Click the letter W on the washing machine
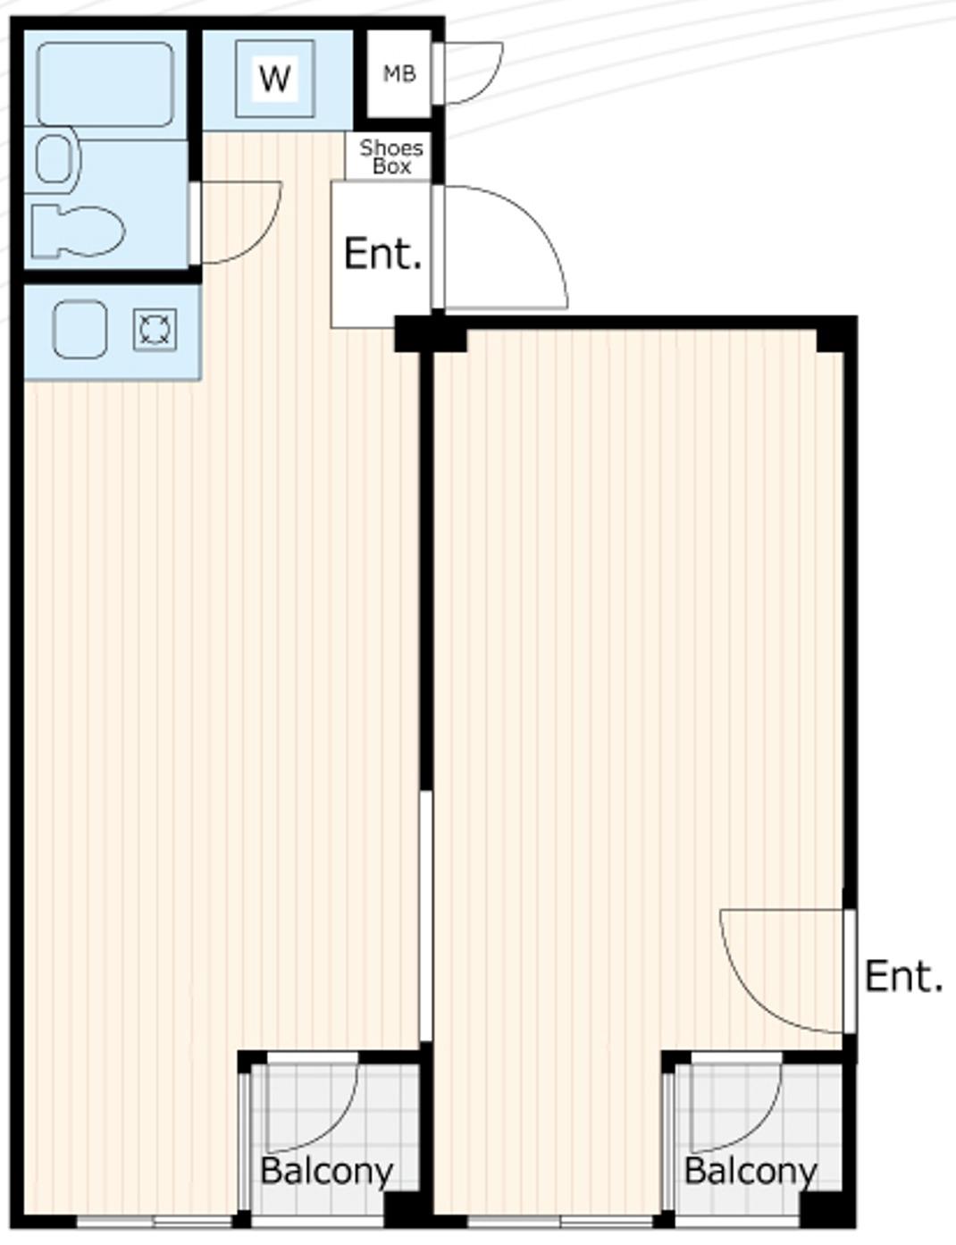[x=275, y=79]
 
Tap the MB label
[x=399, y=74]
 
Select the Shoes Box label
[x=391, y=157]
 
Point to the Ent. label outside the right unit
[x=903, y=976]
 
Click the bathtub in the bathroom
[x=105, y=84]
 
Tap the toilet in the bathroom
[x=78, y=231]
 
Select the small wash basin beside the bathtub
[x=56, y=159]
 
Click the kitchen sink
[x=80, y=330]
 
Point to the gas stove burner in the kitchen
[x=155, y=330]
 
